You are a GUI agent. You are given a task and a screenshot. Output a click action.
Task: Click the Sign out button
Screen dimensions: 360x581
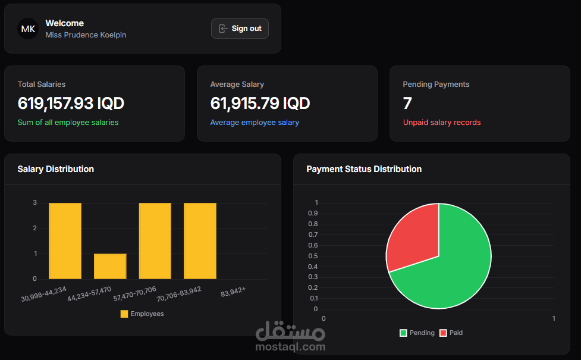tap(240, 29)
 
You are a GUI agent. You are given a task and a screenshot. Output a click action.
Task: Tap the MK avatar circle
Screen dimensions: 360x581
tap(28, 29)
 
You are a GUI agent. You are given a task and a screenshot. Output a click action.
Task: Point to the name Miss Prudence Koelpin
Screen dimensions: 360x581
tap(86, 35)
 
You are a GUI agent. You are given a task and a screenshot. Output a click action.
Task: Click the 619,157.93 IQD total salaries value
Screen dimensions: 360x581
tap(71, 104)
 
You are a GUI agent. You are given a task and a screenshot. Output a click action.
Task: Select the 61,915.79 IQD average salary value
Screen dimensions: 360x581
tap(260, 104)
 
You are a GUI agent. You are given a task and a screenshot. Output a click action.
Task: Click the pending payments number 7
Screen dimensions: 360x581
tap(407, 104)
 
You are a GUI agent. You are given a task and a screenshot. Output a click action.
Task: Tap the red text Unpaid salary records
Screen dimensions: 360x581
tap(442, 123)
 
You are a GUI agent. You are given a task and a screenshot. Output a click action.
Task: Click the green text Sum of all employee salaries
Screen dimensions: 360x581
tap(68, 123)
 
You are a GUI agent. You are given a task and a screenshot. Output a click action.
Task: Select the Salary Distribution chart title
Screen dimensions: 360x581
tap(56, 169)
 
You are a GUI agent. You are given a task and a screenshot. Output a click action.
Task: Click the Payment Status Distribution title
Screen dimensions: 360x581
tap(364, 169)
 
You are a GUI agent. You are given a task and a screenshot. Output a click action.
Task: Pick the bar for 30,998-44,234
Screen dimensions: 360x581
tap(65, 241)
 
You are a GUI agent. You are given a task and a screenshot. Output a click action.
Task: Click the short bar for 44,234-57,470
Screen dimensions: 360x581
tap(110, 267)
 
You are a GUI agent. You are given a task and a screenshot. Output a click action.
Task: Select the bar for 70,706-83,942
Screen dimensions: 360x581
tap(200, 241)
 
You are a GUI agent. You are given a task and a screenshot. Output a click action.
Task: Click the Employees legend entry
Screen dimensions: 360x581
tap(142, 314)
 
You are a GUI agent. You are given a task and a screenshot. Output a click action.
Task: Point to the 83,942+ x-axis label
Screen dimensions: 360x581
tap(233, 293)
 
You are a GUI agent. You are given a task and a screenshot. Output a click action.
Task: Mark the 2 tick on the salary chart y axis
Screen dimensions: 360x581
tap(35, 228)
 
